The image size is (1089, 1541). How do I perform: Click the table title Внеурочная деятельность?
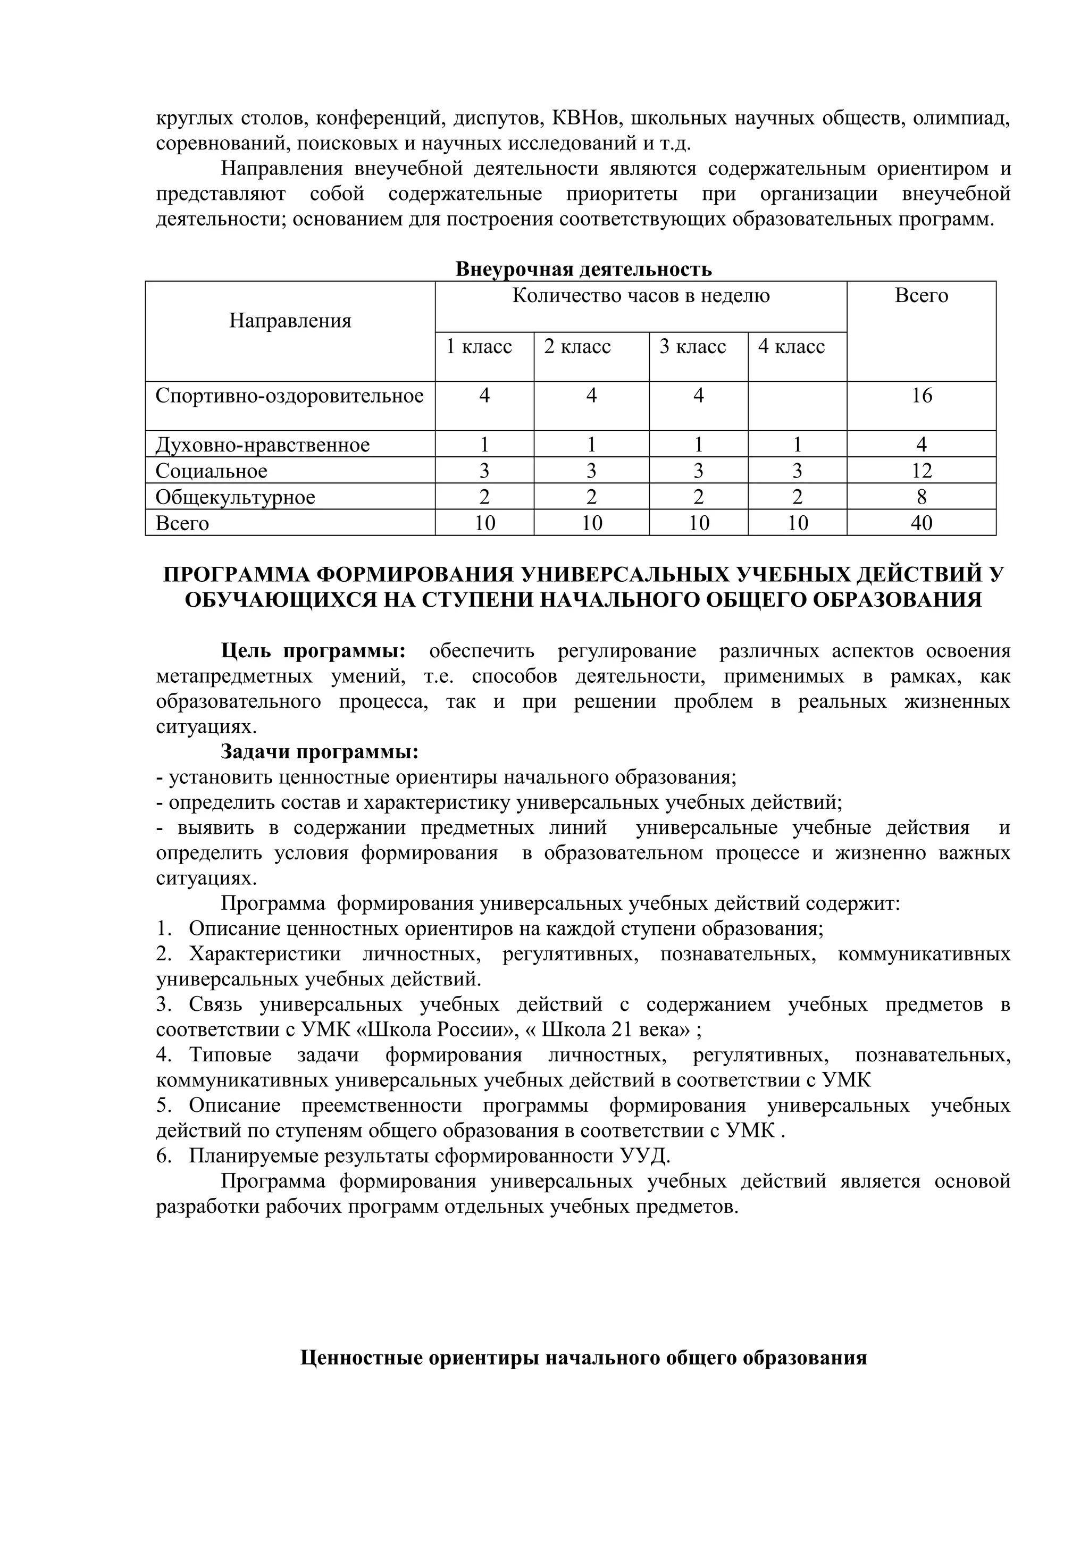tap(583, 270)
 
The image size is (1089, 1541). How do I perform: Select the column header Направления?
tap(290, 321)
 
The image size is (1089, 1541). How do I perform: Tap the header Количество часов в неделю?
tap(641, 296)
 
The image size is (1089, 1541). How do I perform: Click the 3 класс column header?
tap(692, 347)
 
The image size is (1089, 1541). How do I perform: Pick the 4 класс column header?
tap(791, 347)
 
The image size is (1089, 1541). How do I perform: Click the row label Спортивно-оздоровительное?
tap(289, 396)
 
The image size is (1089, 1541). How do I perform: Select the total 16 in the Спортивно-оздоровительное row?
tap(922, 396)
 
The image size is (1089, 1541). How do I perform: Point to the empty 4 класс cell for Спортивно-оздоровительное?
tap(797, 405)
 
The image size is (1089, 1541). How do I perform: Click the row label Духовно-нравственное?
tap(262, 446)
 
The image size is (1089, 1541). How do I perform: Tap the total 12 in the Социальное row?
tap(922, 471)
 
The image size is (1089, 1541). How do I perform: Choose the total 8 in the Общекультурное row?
tap(922, 497)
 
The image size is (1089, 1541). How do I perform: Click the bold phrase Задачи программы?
tap(320, 752)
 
